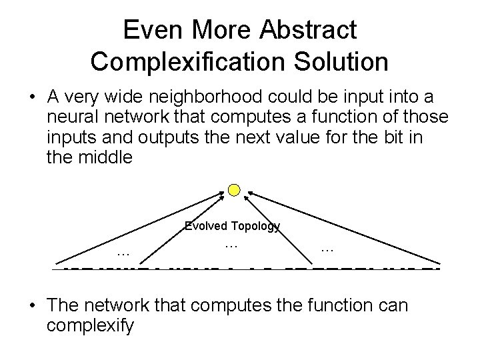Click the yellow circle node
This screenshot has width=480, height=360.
[233, 191]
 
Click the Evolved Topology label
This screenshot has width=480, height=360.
[232, 227]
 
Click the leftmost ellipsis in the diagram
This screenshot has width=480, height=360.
[122, 252]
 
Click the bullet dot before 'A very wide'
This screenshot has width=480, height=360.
[32, 97]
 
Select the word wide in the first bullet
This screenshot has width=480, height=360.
[118, 97]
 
